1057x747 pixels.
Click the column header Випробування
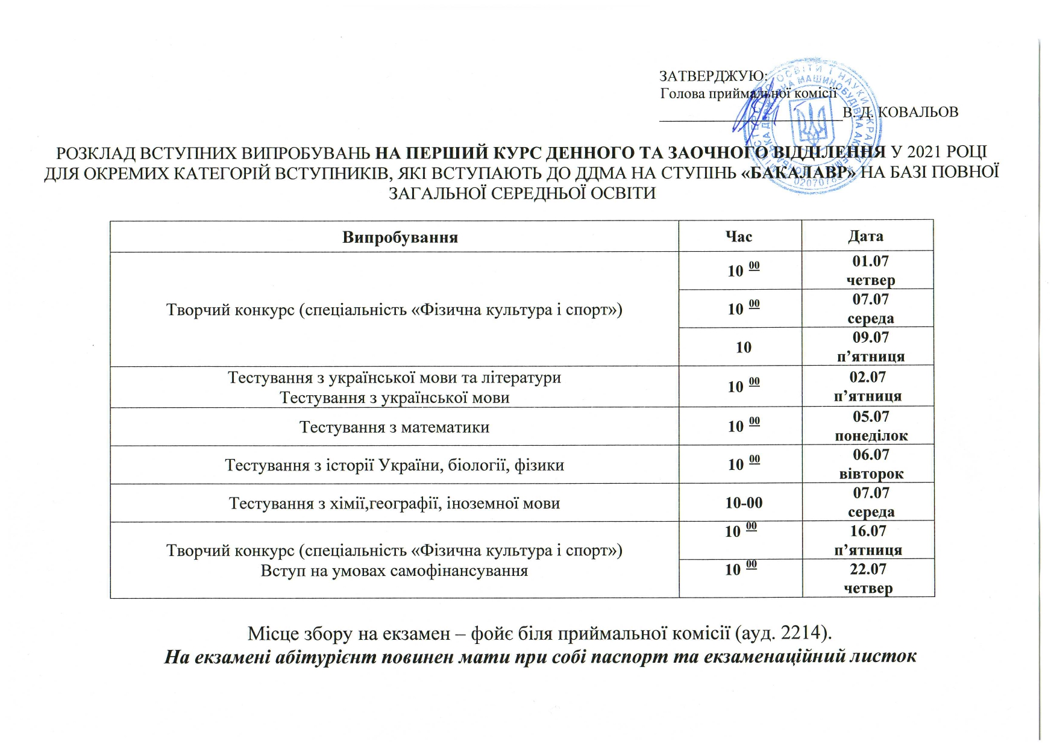400,237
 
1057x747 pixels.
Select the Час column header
739,237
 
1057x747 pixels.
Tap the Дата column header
866,236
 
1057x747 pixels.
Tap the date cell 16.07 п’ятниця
868,540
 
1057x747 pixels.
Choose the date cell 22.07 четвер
868,578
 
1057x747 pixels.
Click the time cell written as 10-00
744,502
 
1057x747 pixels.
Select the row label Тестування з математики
394,427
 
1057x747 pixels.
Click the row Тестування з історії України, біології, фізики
394,465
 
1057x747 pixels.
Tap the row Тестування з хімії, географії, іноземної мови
394,503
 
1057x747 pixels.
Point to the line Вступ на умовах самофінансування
394,570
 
